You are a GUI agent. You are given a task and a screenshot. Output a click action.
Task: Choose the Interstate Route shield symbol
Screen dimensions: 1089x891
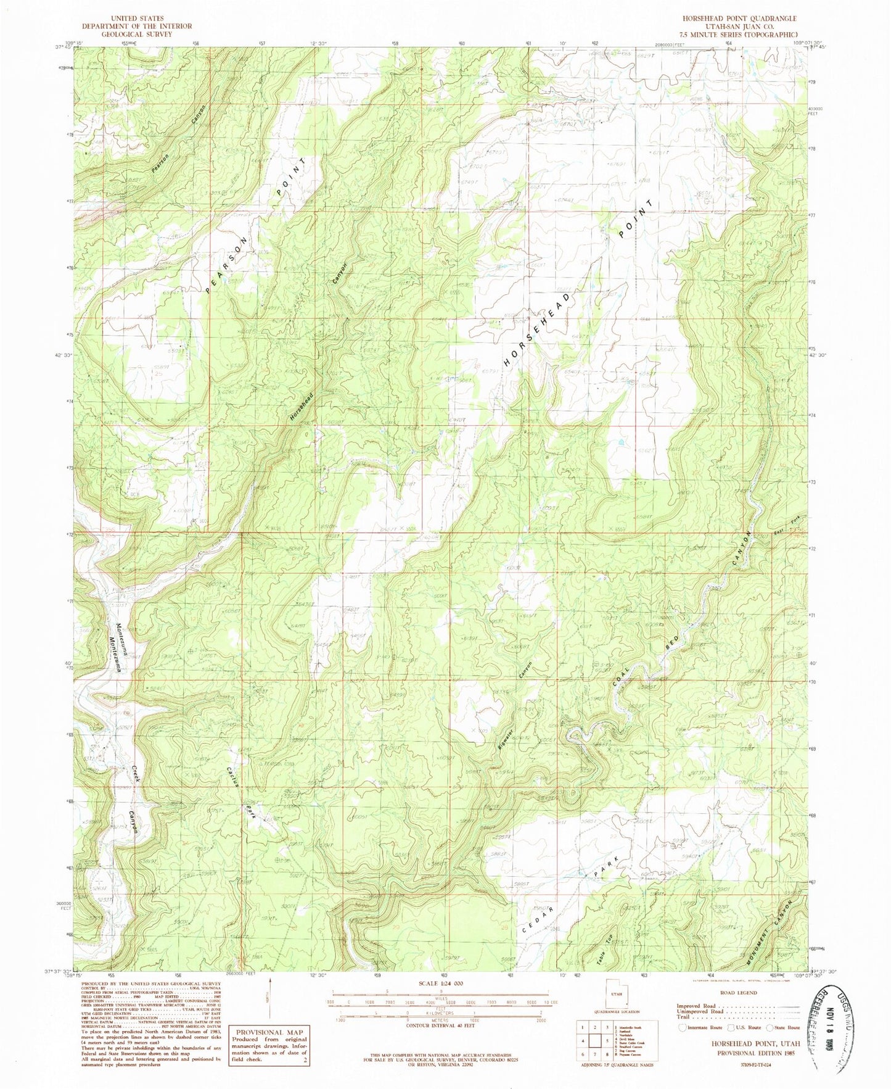(x=682, y=1027)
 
